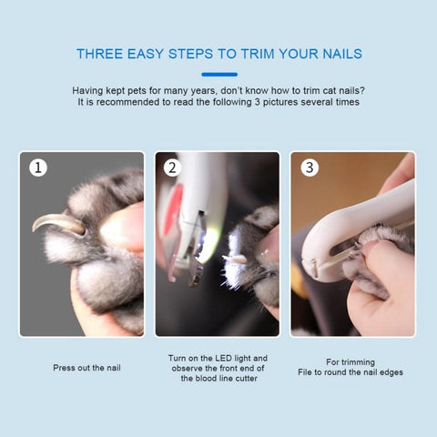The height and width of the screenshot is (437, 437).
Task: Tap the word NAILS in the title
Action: (x=342, y=54)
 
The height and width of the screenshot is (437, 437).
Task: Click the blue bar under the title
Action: (x=219, y=75)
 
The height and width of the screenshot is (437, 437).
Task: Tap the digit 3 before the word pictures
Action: (x=257, y=102)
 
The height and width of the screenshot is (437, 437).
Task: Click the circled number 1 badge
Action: (x=38, y=168)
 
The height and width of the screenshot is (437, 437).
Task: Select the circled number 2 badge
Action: (x=172, y=168)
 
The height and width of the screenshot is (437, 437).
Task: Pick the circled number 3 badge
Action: (x=310, y=168)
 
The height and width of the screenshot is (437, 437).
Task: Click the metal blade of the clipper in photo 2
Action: (x=198, y=249)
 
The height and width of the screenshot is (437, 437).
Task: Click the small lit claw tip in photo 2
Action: (x=234, y=259)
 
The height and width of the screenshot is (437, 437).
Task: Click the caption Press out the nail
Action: (x=86, y=368)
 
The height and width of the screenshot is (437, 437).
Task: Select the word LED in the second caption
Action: (x=224, y=358)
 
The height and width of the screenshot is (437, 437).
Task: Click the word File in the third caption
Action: (x=305, y=372)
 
